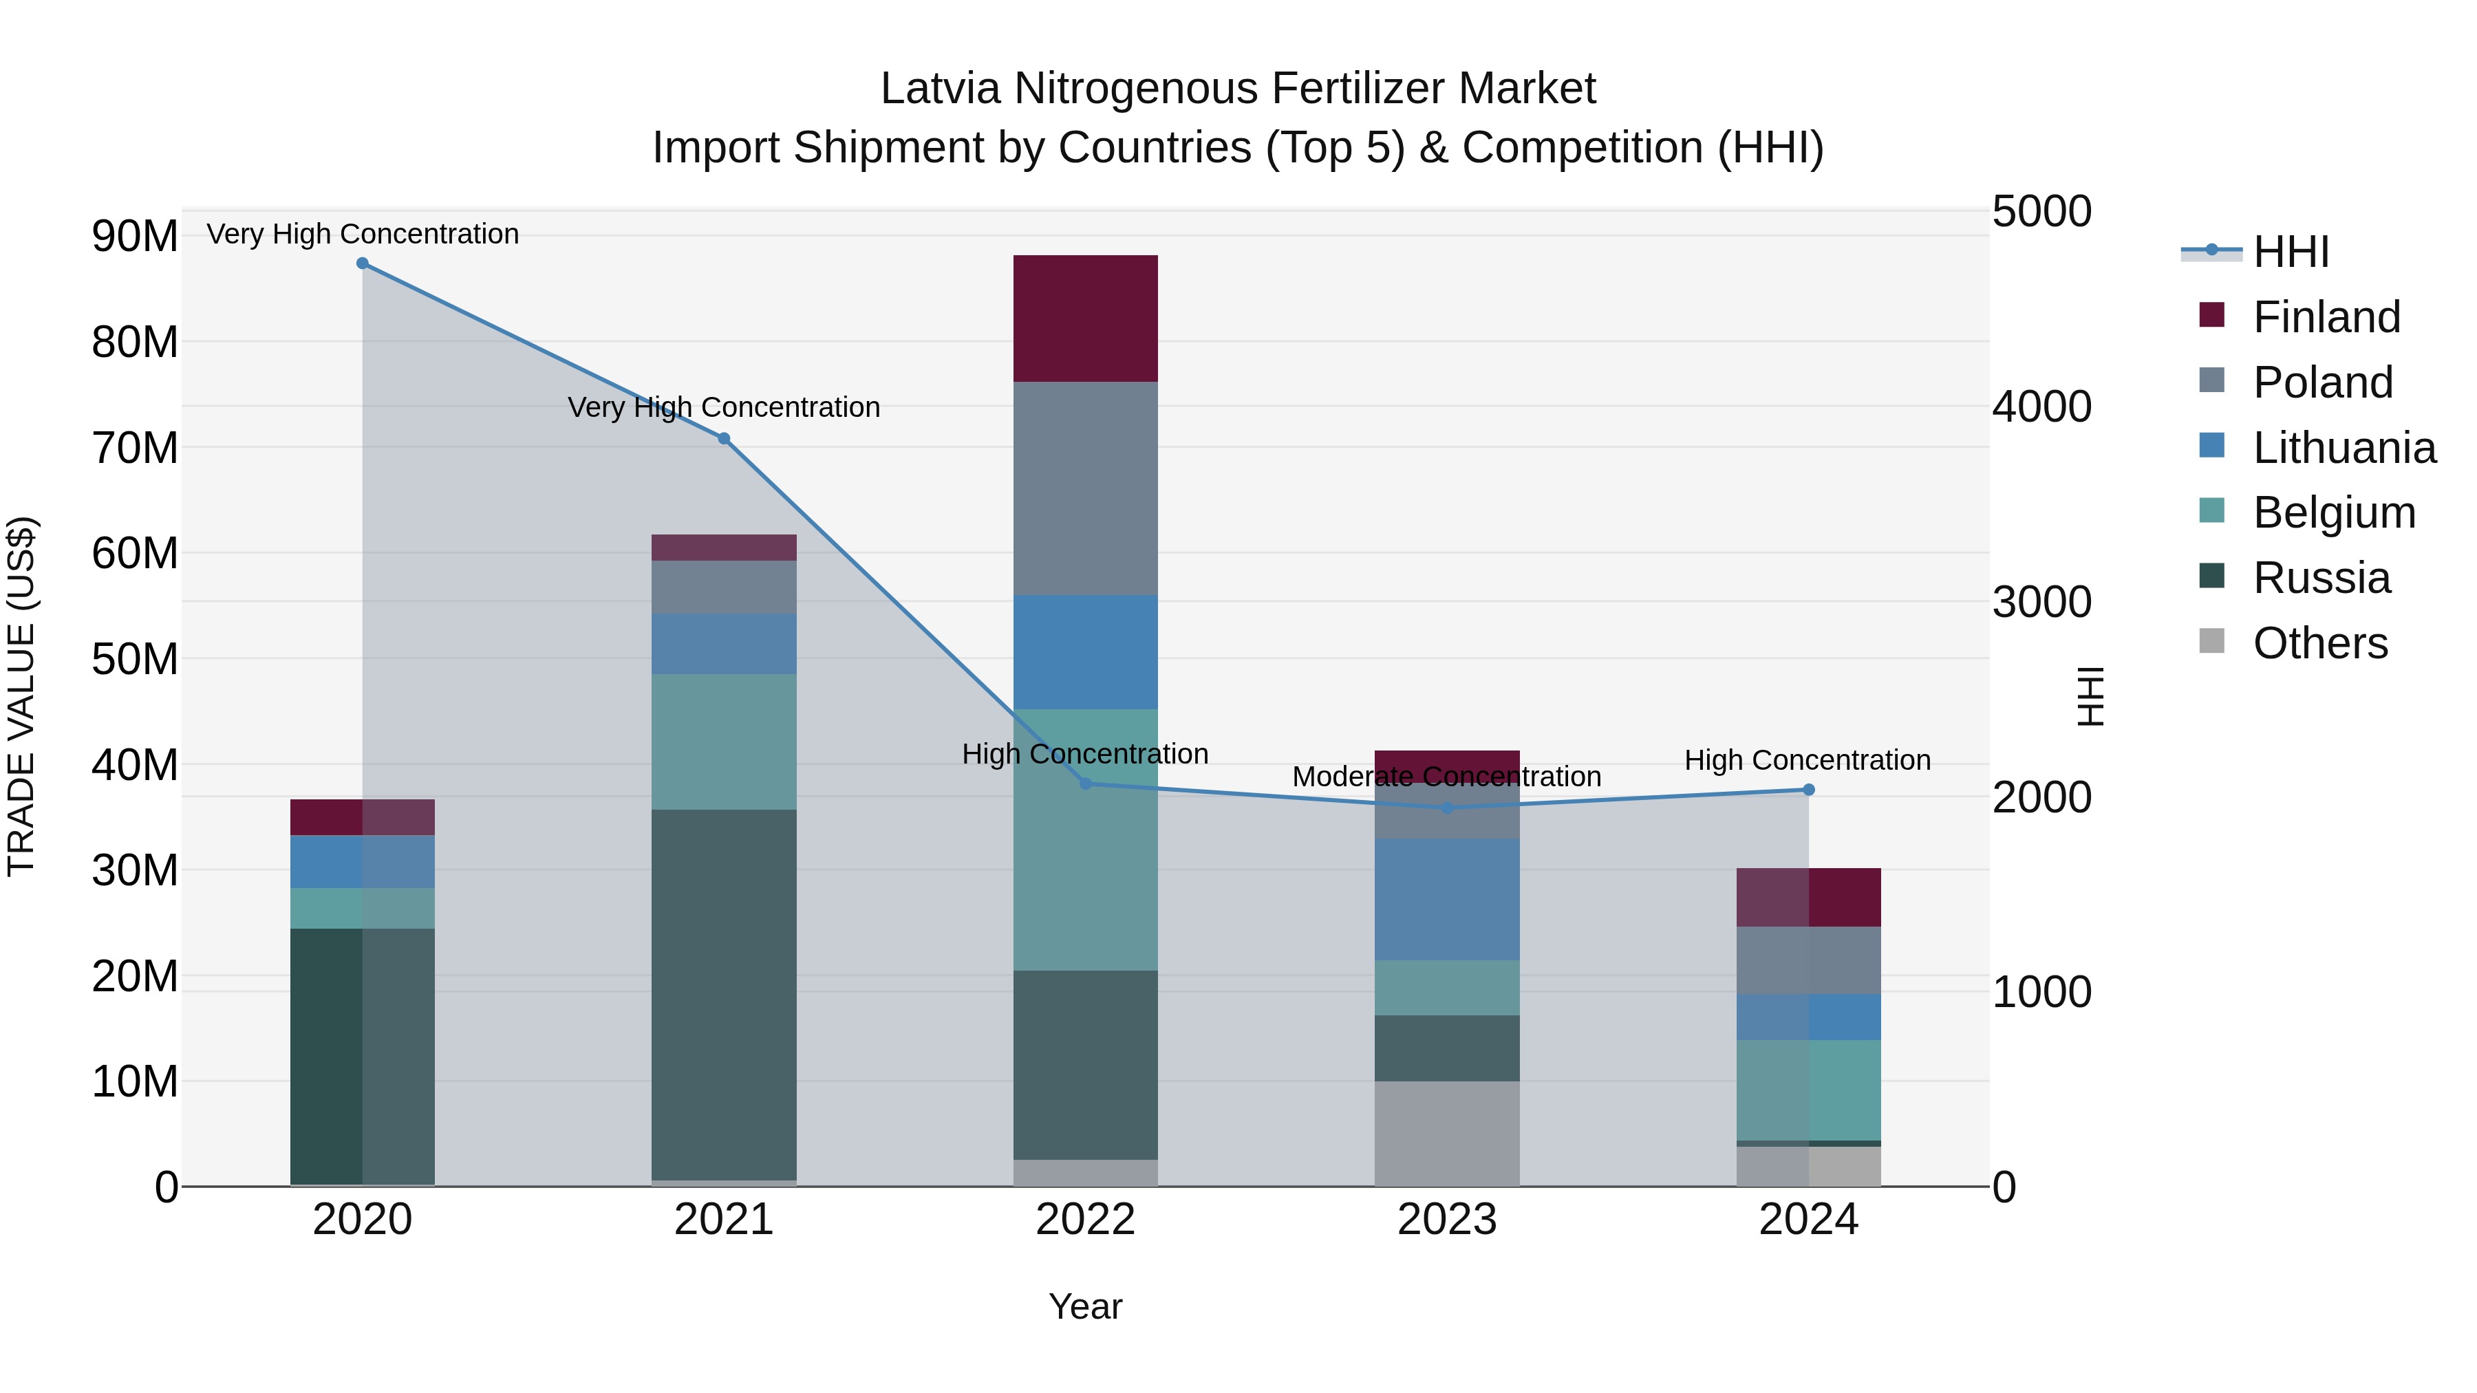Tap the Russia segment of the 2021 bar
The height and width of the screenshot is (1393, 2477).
723,994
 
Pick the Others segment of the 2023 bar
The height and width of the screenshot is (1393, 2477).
1446,1134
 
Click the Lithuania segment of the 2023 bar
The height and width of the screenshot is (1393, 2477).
1446,899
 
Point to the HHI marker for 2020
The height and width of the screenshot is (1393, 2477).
363,263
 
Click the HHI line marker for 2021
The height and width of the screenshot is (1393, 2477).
724,438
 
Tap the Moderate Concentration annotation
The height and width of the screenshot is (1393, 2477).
1446,777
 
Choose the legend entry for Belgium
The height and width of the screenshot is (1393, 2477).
2334,512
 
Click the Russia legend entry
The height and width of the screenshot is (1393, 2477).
2321,578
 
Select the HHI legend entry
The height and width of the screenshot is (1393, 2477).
2291,252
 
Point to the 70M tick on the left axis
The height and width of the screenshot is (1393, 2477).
135,448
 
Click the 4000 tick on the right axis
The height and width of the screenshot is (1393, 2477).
2041,407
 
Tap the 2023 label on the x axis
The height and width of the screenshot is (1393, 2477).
1446,1220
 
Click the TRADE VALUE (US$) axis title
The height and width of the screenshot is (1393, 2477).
21,696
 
